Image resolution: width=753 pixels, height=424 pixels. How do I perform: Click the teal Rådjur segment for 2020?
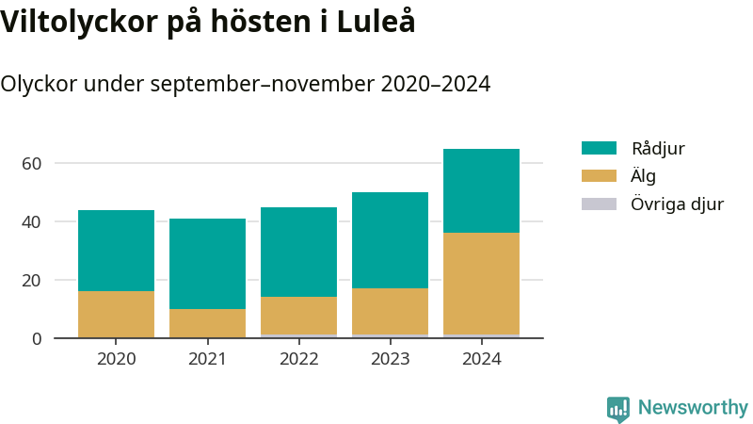[116, 251]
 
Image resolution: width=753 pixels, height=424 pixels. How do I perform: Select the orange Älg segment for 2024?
[481, 283]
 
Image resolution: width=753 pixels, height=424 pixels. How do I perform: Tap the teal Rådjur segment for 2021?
[207, 264]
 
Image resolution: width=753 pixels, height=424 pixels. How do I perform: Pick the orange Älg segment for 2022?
[298, 316]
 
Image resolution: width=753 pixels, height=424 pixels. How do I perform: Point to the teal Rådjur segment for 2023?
[390, 240]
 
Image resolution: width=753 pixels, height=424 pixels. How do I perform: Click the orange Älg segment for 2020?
[116, 314]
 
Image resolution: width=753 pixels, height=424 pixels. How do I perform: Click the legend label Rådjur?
[658, 149]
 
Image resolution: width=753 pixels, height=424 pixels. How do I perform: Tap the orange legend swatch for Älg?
[599, 176]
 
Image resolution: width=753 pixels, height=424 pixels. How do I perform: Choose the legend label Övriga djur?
[677, 204]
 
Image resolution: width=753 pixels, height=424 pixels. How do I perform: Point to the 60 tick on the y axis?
[32, 163]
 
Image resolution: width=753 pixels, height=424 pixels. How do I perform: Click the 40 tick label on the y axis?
[32, 221]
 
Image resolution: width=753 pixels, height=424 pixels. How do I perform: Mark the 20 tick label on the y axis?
[32, 280]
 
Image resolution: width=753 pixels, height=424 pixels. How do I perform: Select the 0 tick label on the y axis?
[37, 338]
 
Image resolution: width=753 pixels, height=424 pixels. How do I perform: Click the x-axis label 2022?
[298, 359]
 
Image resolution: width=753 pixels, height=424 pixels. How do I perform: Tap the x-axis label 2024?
[481, 359]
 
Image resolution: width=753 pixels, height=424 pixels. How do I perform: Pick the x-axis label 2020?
[116, 359]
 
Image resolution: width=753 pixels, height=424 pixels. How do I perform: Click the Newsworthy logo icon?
[618, 409]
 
